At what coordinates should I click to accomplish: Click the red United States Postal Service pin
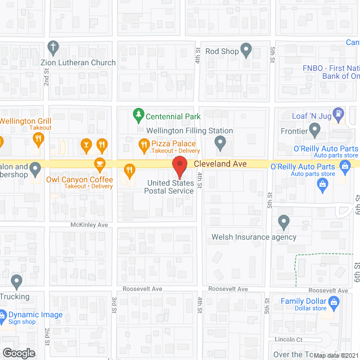[x=179, y=167]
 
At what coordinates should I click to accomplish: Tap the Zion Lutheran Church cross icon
[x=53, y=47]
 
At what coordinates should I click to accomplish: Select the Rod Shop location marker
[x=246, y=50]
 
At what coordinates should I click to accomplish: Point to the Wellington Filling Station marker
[x=220, y=143]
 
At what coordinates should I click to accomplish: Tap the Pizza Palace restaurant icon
[x=143, y=145]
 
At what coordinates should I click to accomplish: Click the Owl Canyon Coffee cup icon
[x=100, y=165]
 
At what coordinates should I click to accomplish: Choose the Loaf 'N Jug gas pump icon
[x=338, y=114]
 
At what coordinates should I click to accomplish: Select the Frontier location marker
[x=315, y=131]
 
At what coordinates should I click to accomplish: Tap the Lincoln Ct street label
[x=289, y=340]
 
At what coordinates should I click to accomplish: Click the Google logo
[x=18, y=353]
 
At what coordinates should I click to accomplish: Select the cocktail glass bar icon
[x=86, y=145]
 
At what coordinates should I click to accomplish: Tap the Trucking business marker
[x=16, y=281]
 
